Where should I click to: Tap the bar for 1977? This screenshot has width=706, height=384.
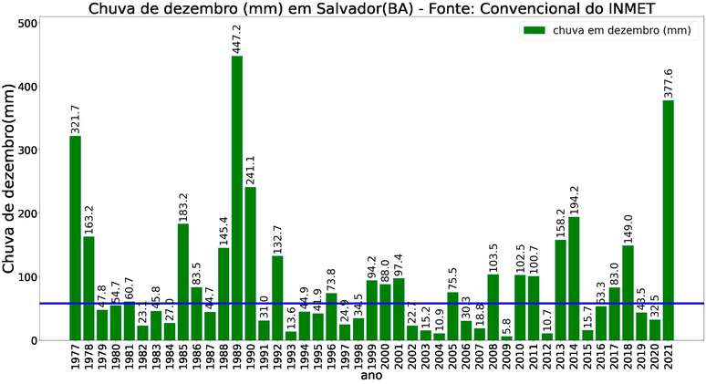click(x=75, y=238)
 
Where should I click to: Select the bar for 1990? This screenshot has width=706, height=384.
click(x=251, y=264)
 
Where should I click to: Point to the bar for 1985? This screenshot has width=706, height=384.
click(x=183, y=282)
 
